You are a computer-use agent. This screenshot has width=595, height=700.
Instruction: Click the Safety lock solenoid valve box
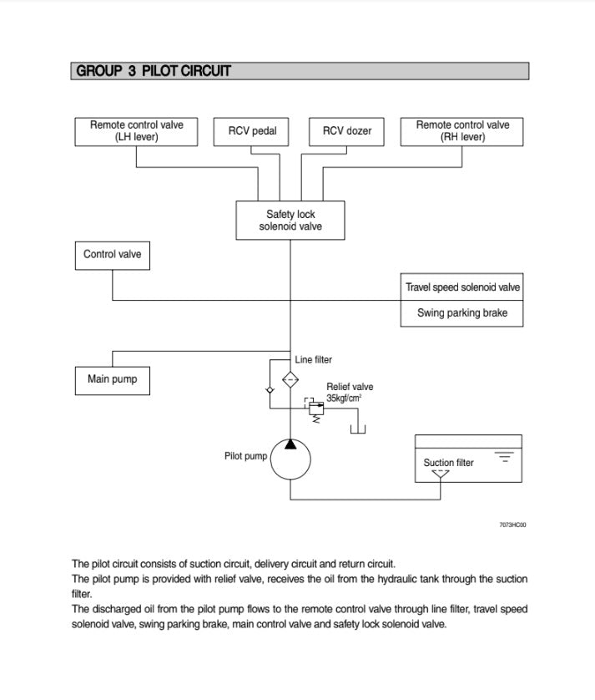coord(290,220)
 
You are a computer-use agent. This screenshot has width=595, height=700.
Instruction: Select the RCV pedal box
coord(252,132)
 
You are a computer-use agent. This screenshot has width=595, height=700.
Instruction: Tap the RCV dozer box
coord(347,132)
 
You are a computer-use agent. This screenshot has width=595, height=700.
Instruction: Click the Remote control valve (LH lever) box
coord(137,131)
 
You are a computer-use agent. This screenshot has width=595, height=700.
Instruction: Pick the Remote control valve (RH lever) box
coord(462,131)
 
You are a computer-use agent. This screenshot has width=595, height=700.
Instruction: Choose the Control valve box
coord(113,255)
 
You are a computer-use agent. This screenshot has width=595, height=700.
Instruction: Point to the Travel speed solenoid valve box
coord(462,287)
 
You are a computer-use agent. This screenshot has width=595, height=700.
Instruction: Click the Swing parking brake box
coord(462,313)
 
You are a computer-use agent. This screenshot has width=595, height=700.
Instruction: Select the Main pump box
coord(112,380)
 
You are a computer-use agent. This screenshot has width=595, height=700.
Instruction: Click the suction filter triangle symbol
coord(440,474)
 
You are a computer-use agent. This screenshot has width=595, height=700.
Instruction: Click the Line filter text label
coord(313,360)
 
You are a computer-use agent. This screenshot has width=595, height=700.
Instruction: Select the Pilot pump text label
coord(245,456)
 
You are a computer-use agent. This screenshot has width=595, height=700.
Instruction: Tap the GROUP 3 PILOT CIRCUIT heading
coord(154,71)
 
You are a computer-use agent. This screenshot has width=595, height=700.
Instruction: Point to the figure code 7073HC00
coord(512,525)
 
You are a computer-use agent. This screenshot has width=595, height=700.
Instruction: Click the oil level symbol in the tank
coord(504,457)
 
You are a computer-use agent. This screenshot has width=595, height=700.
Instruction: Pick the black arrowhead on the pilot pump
coord(290,444)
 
